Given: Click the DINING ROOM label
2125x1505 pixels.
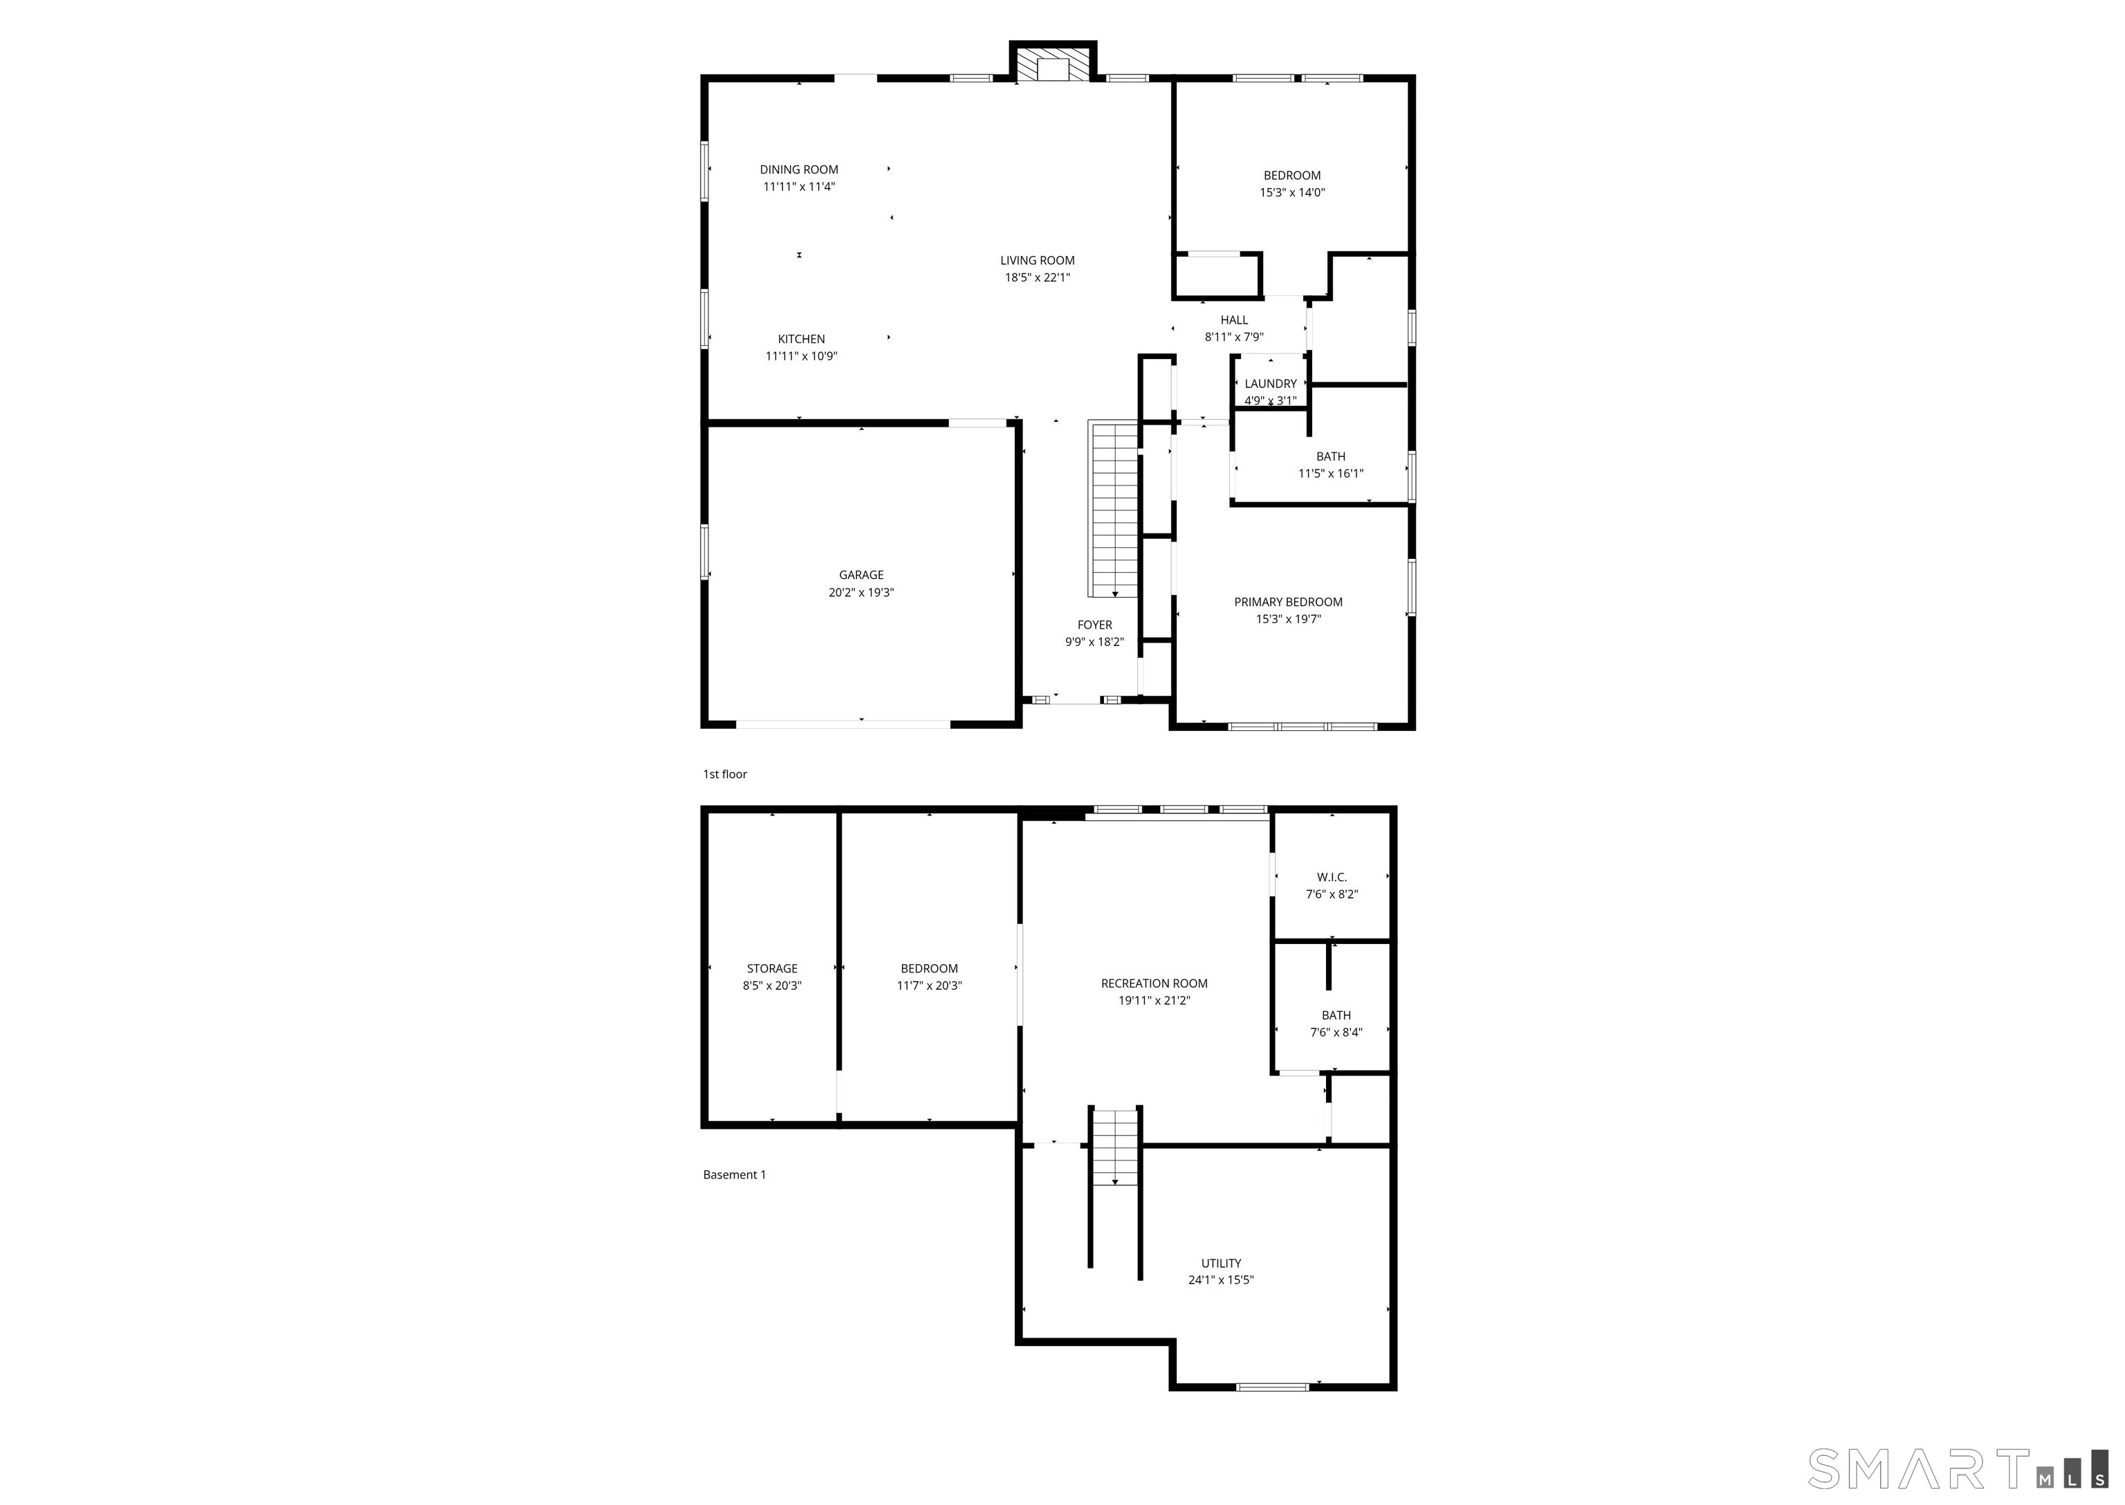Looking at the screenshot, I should coord(798,169).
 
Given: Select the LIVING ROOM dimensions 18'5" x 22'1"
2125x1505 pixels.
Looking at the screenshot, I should coord(1037,277).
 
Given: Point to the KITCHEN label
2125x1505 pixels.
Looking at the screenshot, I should coord(801,339).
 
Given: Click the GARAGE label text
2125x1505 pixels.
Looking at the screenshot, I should coord(861,575).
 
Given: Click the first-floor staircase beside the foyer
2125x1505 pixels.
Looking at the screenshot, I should coord(1113,510).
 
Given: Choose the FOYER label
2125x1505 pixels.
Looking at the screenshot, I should coord(1094,625).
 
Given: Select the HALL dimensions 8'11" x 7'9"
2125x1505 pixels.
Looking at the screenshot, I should coord(1233,338).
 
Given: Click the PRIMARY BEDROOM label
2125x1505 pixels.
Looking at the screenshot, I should coord(1287,602).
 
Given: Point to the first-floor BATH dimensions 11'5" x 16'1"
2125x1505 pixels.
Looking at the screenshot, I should coord(1330,474).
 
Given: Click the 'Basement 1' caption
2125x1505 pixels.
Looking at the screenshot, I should coord(734,1175).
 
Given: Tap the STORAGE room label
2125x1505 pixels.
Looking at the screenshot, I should coord(771,968).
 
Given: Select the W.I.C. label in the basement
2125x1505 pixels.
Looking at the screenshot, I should coord(1332,877).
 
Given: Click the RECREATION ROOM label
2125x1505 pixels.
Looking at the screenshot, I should coord(1154,984).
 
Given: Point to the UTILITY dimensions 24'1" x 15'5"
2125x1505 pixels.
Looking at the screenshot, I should coord(1220,1280).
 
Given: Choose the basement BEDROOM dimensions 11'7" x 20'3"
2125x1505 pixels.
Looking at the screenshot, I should coord(928,986).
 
